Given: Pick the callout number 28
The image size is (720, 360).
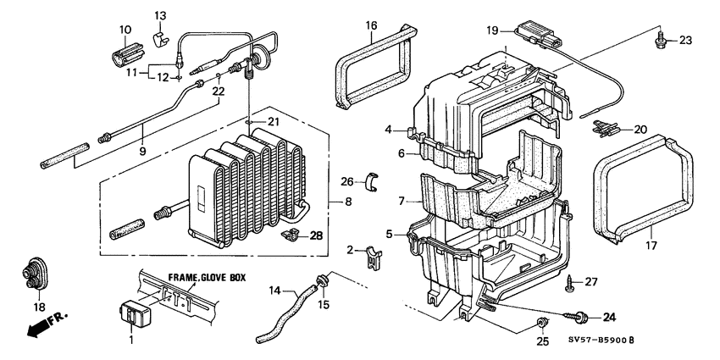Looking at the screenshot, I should point(316,235).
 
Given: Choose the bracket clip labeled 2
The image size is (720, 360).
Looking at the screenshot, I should point(371,256).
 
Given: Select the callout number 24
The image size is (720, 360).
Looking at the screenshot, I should point(607,318).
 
